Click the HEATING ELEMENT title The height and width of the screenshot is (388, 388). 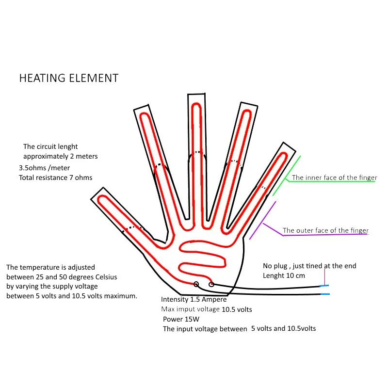pos(68,78)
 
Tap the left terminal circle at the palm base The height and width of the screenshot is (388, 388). pos(196,284)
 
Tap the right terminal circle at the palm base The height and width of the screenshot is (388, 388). pos(211,284)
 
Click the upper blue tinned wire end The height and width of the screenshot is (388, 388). pos(325,286)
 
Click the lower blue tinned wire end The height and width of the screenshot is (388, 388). pos(325,294)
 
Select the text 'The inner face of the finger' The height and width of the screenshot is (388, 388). pos(334,178)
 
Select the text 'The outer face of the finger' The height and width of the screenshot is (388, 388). pos(325,230)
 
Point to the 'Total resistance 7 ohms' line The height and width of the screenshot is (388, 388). pos(56,178)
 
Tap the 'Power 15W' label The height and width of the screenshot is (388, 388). pos(181,319)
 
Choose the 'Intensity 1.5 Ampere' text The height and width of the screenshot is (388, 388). pos(194,300)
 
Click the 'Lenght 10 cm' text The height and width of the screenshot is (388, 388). pos(284,275)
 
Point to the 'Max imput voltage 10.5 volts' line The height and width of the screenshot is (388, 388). pos(207,309)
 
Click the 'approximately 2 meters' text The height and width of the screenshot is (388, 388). pos(61,157)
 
